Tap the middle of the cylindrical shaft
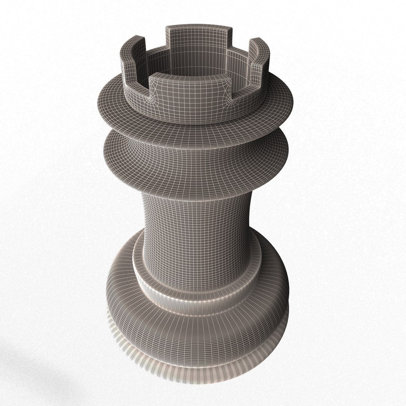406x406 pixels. (195, 226)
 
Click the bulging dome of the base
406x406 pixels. (195, 331)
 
